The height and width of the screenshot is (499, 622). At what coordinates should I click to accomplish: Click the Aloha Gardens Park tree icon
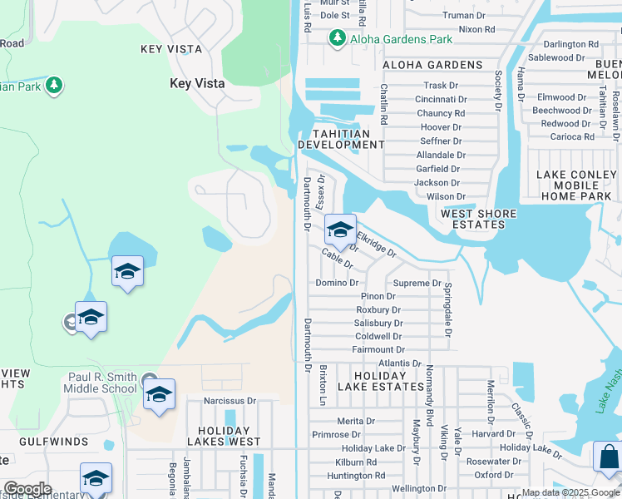pos(337,38)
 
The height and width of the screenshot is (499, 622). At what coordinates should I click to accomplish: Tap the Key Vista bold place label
pos(198,83)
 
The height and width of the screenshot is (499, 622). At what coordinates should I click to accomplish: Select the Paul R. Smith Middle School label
pos(102,383)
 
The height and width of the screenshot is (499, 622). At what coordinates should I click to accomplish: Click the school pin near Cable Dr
pos(339,230)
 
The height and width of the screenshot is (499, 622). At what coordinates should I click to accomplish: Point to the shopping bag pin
pos(609,457)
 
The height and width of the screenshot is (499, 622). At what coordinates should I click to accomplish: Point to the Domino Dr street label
pos(337,283)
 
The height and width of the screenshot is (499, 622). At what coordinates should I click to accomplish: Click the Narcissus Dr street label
pos(230,400)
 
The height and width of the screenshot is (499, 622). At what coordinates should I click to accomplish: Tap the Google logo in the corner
pos(27,489)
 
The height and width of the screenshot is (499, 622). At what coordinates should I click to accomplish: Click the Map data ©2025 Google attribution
pos(570,493)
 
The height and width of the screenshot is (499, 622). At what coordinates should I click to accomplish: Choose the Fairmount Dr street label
pos(378,350)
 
